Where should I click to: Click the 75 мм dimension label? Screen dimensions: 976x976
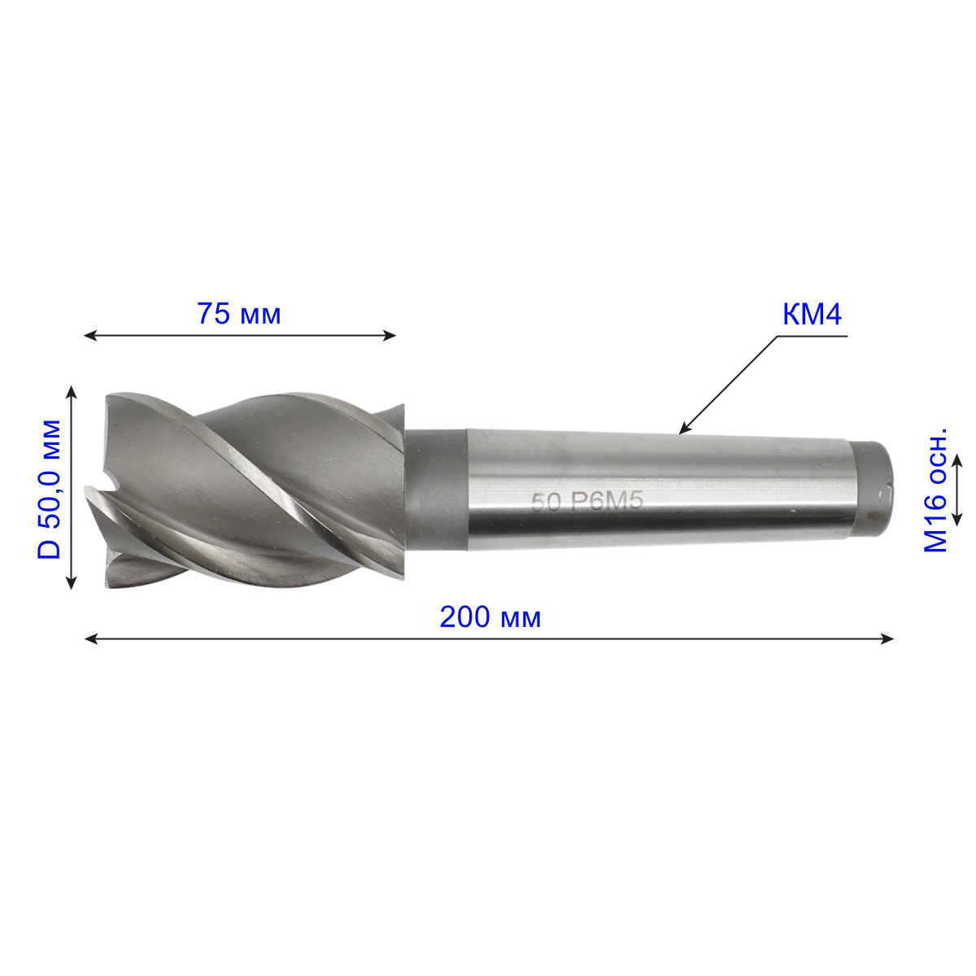pyautogui.click(x=239, y=313)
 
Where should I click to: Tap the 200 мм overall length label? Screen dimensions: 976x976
pyautogui.click(x=490, y=617)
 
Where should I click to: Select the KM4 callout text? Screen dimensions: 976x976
pyautogui.click(x=812, y=315)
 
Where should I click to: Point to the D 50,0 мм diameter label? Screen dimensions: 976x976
pyautogui.click(x=49, y=489)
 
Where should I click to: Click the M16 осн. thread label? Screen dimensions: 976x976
pyautogui.click(x=935, y=490)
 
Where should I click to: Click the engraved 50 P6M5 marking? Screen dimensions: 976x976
pyautogui.click(x=587, y=503)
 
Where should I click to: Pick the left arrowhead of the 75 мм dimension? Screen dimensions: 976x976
pyautogui.click(x=90, y=335)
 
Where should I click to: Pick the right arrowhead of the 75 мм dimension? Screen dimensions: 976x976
pyautogui.click(x=390, y=335)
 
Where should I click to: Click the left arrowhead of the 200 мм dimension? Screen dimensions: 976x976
pyautogui.click(x=90, y=638)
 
